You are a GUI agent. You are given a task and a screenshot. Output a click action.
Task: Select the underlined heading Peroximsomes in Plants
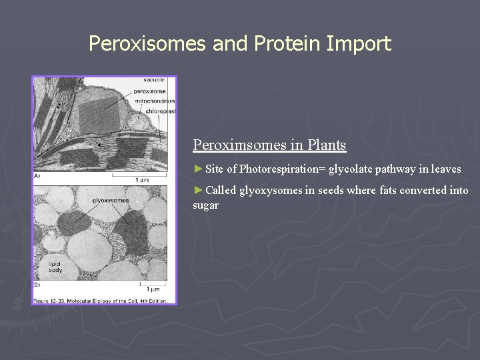click(x=269, y=145)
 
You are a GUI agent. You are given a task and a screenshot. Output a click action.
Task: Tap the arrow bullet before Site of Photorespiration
click(x=198, y=169)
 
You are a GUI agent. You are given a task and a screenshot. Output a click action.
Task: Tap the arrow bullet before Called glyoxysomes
click(x=198, y=190)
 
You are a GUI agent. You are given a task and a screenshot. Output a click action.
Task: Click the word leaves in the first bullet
click(x=446, y=169)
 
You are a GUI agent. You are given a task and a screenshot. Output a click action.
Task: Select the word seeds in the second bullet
click(x=331, y=191)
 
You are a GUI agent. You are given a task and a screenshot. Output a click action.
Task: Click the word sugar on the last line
click(x=205, y=205)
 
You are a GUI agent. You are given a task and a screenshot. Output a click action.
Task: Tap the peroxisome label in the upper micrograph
click(x=151, y=91)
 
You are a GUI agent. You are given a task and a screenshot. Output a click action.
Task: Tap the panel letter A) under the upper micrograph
click(x=37, y=176)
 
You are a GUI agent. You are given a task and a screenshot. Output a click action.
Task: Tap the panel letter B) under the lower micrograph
click(x=37, y=285)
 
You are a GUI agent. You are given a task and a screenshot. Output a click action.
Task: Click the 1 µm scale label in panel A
click(x=141, y=180)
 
